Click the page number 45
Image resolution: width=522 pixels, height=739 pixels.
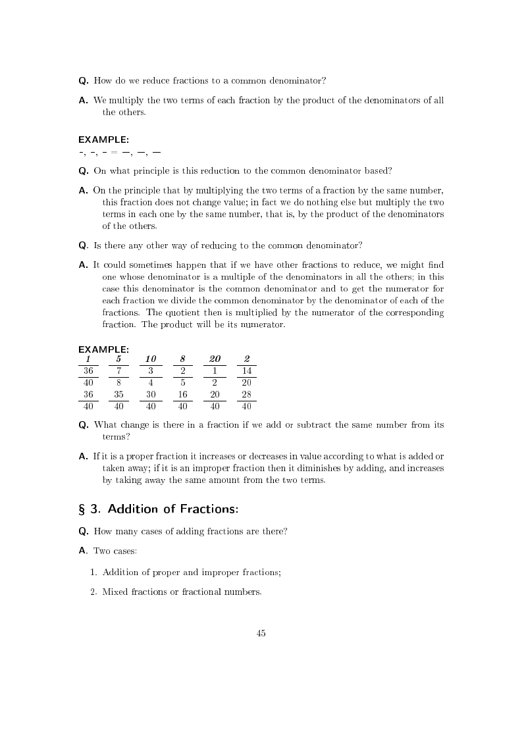pos(261,633)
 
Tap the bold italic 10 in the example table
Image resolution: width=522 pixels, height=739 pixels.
pos(151,359)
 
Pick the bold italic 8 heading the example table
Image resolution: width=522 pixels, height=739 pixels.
pos(182,359)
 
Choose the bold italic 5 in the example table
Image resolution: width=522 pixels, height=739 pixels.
pos(118,359)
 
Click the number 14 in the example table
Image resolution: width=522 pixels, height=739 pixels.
pos(247,370)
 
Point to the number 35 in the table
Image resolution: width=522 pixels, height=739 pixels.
pos(118,394)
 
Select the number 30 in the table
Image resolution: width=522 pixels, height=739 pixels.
pos(151,394)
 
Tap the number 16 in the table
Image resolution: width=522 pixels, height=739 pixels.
pos(182,394)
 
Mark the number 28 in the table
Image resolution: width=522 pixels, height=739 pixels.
pos(247,394)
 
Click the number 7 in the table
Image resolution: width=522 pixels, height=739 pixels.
pos(118,370)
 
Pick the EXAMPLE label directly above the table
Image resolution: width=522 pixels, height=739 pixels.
pos(103,349)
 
